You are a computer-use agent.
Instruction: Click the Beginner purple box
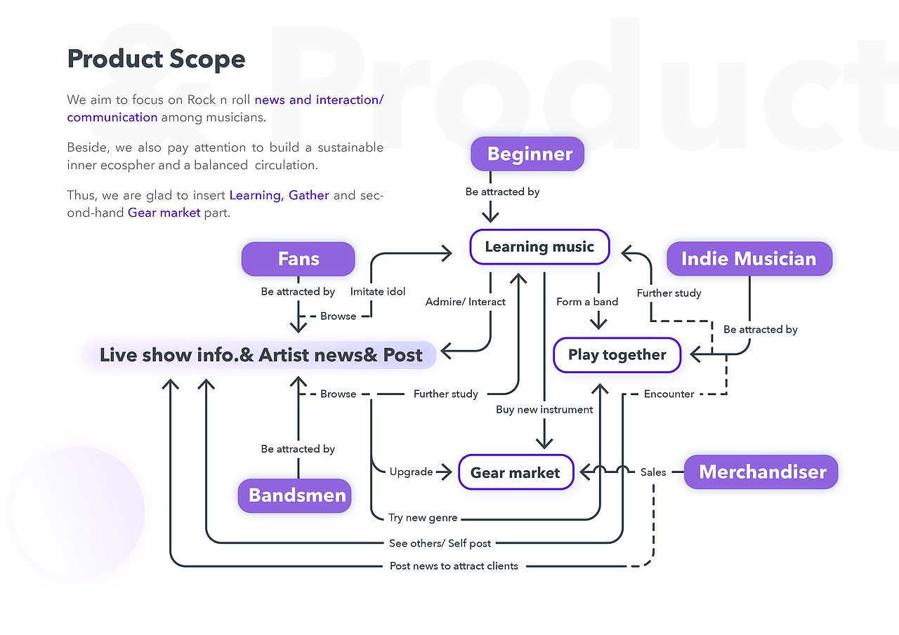pos(527,154)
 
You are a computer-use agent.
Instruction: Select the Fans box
pos(298,259)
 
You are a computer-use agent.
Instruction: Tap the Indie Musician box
pos(749,259)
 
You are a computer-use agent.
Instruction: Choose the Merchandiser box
pos(762,472)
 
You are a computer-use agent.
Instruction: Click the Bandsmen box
pos(297,495)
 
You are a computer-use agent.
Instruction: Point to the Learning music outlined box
pos(539,247)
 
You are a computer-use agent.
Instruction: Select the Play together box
pos(617,354)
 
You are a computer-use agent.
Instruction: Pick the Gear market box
pos(516,472)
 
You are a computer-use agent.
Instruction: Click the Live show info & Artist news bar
pos(261,355)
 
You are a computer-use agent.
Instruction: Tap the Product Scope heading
pos(156,59)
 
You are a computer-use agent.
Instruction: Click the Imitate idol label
pos(378,291)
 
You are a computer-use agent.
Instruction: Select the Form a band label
pos(587,302)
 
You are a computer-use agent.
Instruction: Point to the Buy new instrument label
pos(544,409)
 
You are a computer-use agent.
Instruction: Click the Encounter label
pos(669,394)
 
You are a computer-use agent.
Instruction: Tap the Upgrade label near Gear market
pos(411,472)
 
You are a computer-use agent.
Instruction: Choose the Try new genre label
pos(423,518)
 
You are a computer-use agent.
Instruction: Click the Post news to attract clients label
pos(454,566)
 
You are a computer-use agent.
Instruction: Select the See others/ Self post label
pos(440,543)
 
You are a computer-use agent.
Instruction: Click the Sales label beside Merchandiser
pos(653,472)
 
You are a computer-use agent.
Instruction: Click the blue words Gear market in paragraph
pos(164,213)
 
